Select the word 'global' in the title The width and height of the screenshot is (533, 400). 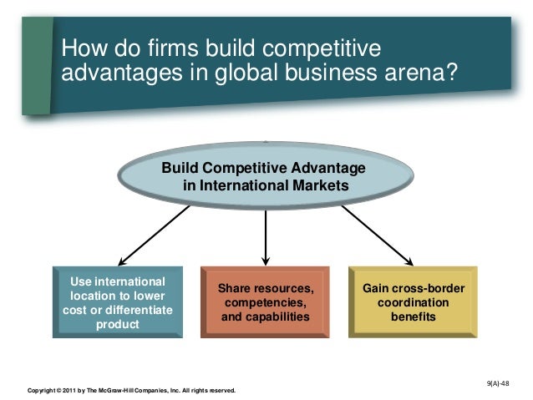coord(247,74)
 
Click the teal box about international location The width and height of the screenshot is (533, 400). coord(117,302)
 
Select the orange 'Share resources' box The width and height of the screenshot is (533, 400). coord(265,302)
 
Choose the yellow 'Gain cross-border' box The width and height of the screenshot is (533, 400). coord(413,302)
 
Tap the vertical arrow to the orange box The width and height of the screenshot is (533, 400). coord(265,238)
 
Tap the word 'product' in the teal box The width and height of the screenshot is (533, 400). coord(118,325)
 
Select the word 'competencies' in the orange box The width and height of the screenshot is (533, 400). coord(264,303)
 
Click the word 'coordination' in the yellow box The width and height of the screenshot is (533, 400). coord(413,303)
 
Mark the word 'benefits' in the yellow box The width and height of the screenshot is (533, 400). coord(413,317)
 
